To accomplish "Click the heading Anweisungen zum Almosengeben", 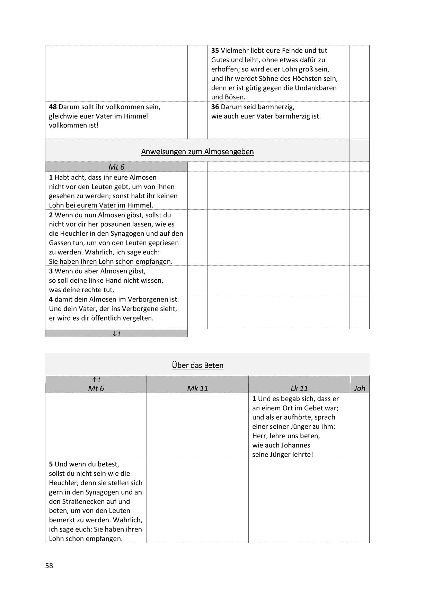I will coord(197,152).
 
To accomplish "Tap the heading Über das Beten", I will coord(197,365).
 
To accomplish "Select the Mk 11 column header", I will coord(197,388).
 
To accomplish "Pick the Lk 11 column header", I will coord(299,388).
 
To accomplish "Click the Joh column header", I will coord(360,388).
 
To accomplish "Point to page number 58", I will coord(49,566).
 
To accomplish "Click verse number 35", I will coord(215,51).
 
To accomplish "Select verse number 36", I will coord(215,107).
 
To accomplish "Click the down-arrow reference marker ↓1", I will coord(116,334).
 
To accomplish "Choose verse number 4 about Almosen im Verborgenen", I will coord(51,299).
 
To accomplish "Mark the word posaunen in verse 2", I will coord(103,224).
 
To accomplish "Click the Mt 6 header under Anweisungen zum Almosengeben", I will coord(116,167).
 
